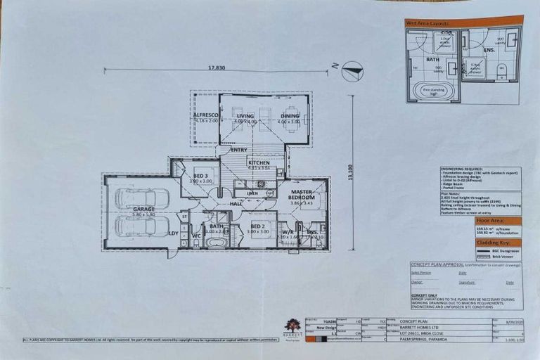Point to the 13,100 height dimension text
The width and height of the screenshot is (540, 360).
click(x=349, y=173)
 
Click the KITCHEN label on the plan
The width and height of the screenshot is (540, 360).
click(x=259, y=162)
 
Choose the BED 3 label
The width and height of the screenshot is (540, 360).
click(x=200, y=176)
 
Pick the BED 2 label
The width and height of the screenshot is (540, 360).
click(x=257, y=225)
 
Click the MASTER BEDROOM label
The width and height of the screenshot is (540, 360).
click(x=301, y=194)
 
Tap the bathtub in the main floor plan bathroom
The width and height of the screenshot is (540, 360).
click(x=215, y=242)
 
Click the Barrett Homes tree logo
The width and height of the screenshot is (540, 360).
click(x=292, y=326)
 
